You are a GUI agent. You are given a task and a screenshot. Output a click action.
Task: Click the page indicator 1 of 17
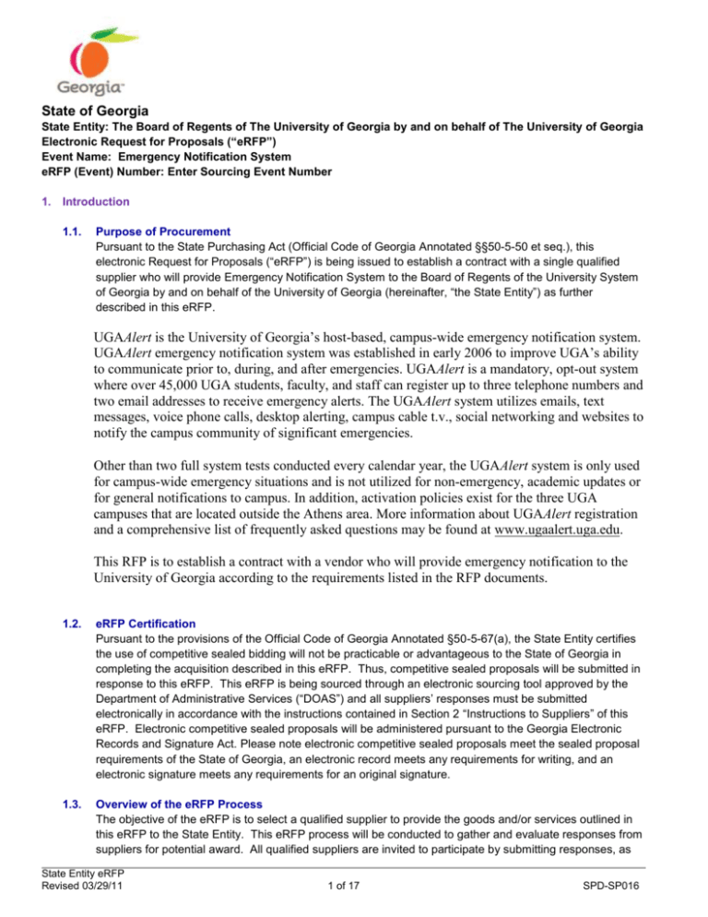[x=354, y=904]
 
